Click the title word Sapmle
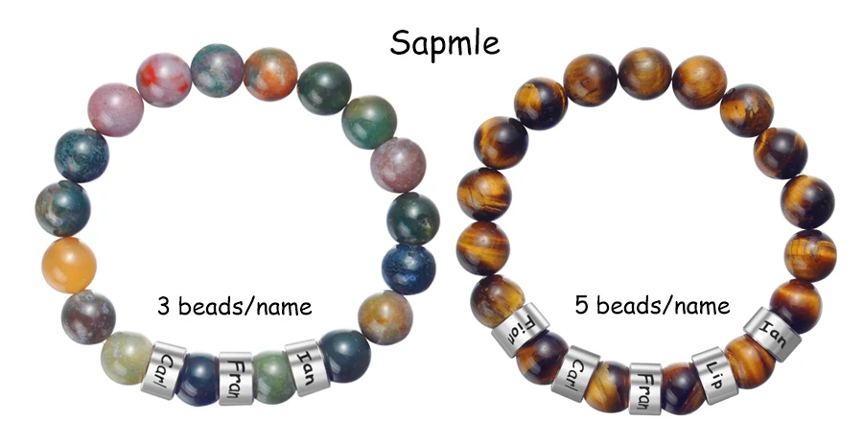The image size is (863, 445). (x=444, y=40)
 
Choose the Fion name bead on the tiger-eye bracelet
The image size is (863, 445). (x=519, y=328)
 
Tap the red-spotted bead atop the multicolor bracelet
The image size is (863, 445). (x=163, y=80)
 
